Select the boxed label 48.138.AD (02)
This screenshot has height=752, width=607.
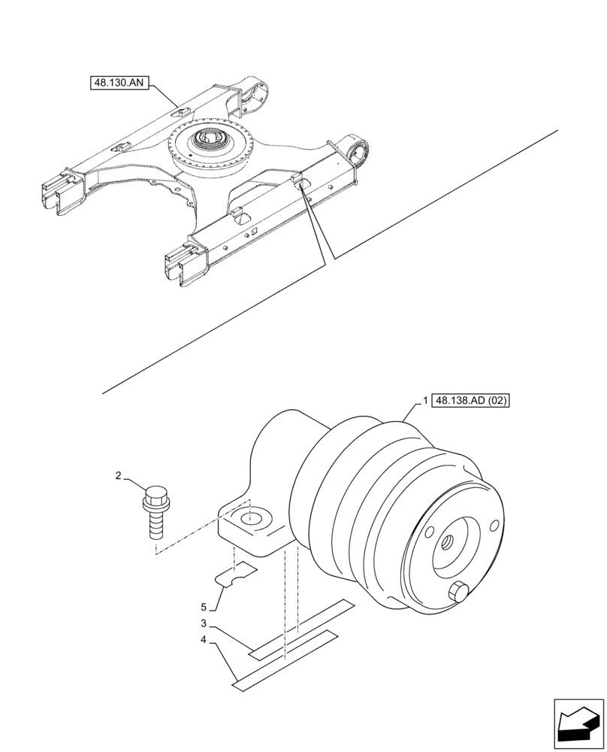[x=470, y=401]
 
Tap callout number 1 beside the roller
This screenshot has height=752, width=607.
[x=425, y=401]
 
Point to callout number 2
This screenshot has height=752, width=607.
[x=118, y=475]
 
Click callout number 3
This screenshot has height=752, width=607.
[x=204, y=623]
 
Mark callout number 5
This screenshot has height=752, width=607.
[x=204, y=606]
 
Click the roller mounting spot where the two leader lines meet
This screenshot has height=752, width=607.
[x=300, y=183]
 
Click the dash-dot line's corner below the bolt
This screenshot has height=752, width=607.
[x=156, y=553]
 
